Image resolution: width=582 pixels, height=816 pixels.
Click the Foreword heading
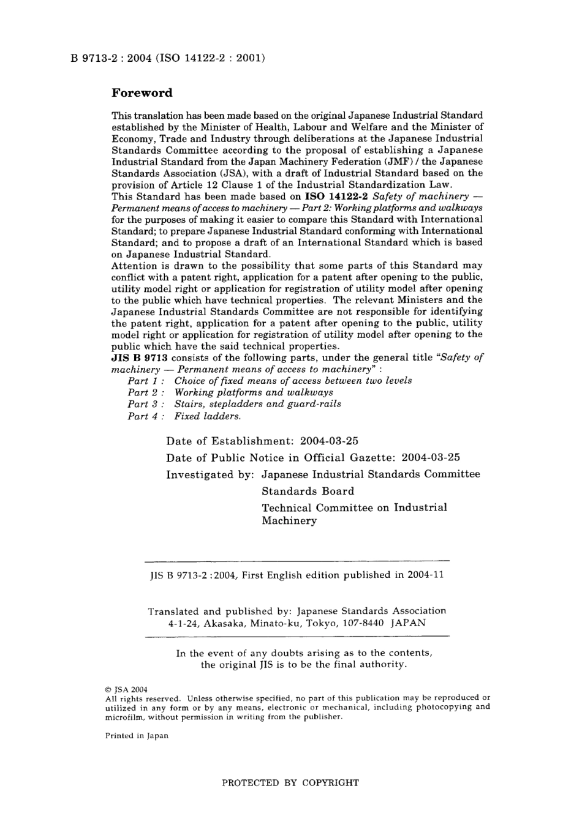point(142,93)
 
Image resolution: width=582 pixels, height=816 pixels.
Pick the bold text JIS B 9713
point(139,357)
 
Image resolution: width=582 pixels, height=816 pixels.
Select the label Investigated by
point(208,474)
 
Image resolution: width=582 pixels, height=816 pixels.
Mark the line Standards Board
point(308,491)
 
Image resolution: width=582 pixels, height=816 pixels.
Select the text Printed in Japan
point(137,736)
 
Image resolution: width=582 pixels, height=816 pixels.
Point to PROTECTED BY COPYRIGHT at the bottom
point(290,782)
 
